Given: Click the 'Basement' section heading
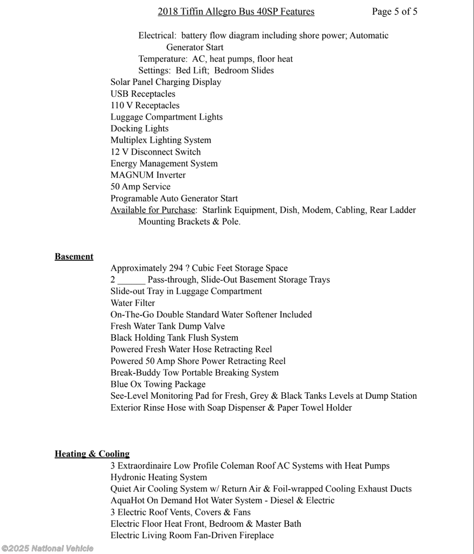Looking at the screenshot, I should coord(74,256).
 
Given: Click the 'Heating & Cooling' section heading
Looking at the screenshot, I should coord(92,453).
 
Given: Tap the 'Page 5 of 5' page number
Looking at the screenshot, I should coord(394,11).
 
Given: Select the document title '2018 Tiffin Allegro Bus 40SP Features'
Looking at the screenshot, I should coord(236,11).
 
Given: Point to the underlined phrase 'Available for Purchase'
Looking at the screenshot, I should coord(152,210).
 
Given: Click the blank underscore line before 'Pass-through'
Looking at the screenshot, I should coord(131,280).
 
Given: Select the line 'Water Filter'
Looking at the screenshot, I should coord(133,303).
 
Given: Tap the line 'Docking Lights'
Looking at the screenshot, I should coord(139,128).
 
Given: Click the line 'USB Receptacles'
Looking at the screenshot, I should coord(143,94).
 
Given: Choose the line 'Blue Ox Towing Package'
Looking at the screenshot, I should coord(158,384).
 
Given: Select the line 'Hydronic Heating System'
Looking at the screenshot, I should coord(159,477).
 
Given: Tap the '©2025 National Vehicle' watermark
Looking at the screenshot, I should coord(48,549).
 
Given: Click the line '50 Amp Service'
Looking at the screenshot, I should coord(140,187).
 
